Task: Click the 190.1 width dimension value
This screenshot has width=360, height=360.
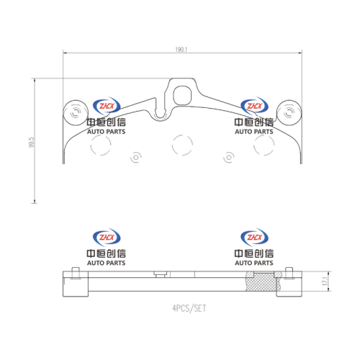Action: (181, 50)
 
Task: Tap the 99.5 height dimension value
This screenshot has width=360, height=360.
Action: (32, 142)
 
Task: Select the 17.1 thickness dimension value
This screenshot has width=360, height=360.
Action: (325, 281)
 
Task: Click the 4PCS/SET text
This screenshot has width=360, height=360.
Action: (189, 308)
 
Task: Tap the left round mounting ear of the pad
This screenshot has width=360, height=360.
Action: (76, 113)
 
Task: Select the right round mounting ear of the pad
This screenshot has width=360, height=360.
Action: (289, 113)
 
